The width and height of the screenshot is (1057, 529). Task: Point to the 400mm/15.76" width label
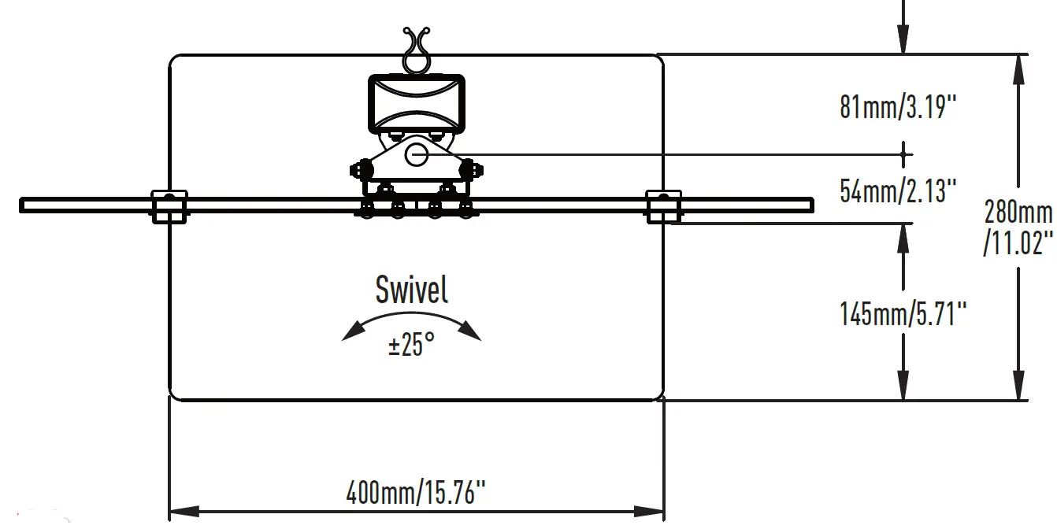416,494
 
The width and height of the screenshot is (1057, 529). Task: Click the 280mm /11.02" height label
1018,227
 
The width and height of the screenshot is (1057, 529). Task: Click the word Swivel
412,290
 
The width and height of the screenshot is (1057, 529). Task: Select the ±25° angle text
411,344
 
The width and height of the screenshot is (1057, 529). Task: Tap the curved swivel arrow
411,318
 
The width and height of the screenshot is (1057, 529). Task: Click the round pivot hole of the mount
417,155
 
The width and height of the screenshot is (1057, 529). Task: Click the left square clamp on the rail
169,206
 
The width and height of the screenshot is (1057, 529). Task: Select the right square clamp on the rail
663,206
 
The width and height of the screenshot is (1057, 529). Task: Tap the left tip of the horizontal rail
23,205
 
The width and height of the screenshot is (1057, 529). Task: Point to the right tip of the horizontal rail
810,205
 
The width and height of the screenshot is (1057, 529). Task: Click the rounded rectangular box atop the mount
417,102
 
